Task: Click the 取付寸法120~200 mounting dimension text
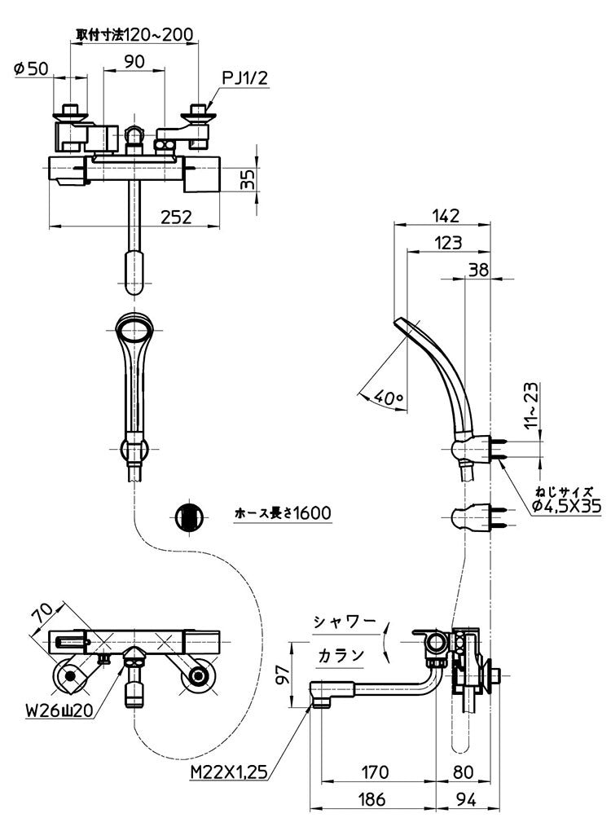[x=135, y=34]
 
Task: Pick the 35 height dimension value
[x=249, y=179]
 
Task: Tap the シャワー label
[x=345, y=622]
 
